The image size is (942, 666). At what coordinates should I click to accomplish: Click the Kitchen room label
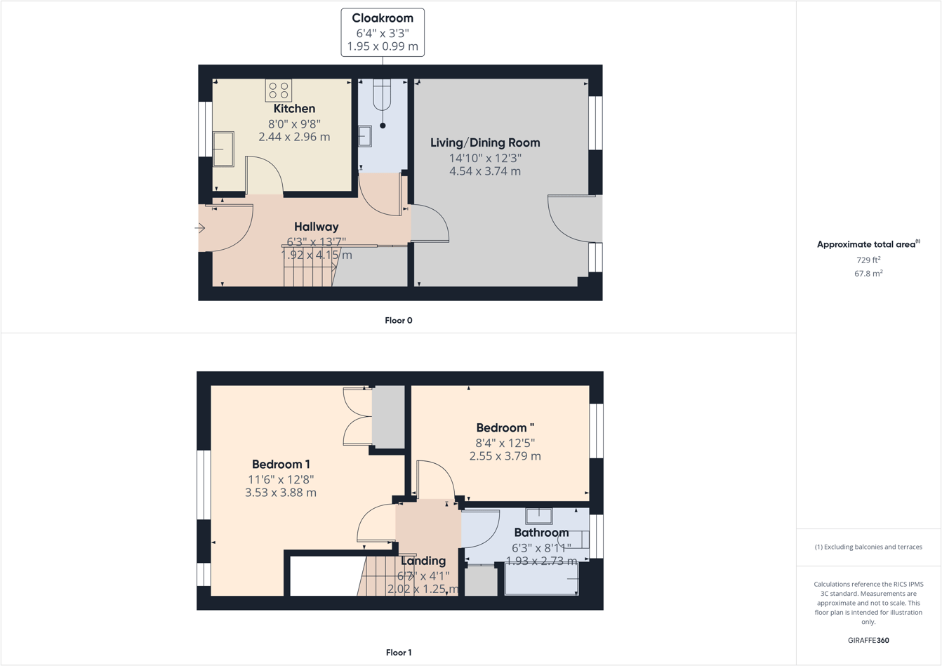(x=294, y=109)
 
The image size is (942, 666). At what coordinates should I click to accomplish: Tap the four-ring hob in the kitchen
(x=279, y=91)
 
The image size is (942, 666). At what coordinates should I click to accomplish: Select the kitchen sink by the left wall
(x=223, y=149)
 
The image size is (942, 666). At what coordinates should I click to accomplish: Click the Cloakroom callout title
(x=383, y=18)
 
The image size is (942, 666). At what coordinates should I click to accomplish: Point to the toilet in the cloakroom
(x=382, y=96)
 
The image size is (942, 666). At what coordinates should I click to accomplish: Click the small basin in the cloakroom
(x=365, y=136)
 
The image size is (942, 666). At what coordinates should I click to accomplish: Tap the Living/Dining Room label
(x=485, y=143)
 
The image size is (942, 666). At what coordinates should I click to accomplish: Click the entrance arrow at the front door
(x=200, y=228)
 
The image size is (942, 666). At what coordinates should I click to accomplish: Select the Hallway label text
(x=316, y=227)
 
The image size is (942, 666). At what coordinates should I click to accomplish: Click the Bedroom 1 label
(x=281, y=465)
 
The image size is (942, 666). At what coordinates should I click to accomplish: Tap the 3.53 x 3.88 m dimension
(x=281, y=493)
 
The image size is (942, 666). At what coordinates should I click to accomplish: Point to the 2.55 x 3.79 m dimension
(x=505, y=456)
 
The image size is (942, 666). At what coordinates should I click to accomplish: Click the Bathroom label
(x=541, y=533)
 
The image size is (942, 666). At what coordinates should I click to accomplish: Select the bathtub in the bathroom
(x=541, y=580)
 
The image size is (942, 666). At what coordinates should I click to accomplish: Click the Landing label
(x=423, y=561)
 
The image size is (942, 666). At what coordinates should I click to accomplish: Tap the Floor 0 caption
(x=399, y=321)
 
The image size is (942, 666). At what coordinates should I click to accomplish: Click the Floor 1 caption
(x=399, y=653)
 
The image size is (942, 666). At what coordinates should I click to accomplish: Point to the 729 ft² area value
(x=868, y=260)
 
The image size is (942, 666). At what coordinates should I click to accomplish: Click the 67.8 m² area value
(x=868, y=274)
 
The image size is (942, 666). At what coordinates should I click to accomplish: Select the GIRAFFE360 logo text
(x=868, y=640)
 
